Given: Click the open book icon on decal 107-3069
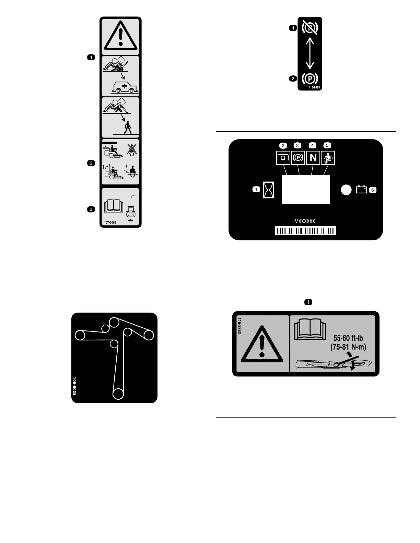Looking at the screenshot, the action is [x=113, y=206].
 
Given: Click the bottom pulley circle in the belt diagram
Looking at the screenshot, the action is [x=118, y=394].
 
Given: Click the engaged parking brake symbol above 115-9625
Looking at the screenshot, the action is [x=310, y=79].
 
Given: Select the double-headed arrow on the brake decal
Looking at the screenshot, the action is [x=310, y=53].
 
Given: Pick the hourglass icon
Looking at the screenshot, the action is [x=267, y=190].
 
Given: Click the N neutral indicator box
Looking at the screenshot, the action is [x=313, y=158].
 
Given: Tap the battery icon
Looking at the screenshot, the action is [x=361, y=189].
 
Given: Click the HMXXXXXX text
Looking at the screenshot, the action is [x=303, y=221].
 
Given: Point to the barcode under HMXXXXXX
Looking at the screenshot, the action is [x=305, y=230].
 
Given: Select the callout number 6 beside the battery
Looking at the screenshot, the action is [x=373, y=190].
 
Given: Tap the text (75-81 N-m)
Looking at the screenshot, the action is [x=348, y=347].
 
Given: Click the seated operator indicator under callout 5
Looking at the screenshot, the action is [x=328, y=158].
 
